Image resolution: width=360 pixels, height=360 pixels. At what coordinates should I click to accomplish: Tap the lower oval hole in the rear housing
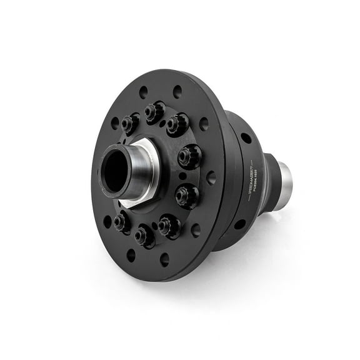(239, 224)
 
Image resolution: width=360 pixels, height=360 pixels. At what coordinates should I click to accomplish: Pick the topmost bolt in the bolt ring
(154, 112)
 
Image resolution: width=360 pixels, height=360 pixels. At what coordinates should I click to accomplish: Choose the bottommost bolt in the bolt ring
(144, 236)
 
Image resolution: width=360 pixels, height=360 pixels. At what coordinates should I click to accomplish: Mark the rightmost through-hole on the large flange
(211, 177)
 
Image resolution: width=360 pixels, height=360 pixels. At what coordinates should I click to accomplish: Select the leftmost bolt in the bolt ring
(121, 222)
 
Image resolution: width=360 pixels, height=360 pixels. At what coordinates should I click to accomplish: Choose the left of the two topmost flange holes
(144, 91)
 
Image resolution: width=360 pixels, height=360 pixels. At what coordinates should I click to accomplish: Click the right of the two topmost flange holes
(177, 91)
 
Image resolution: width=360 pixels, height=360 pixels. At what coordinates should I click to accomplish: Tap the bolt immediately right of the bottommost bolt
(169, 225)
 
